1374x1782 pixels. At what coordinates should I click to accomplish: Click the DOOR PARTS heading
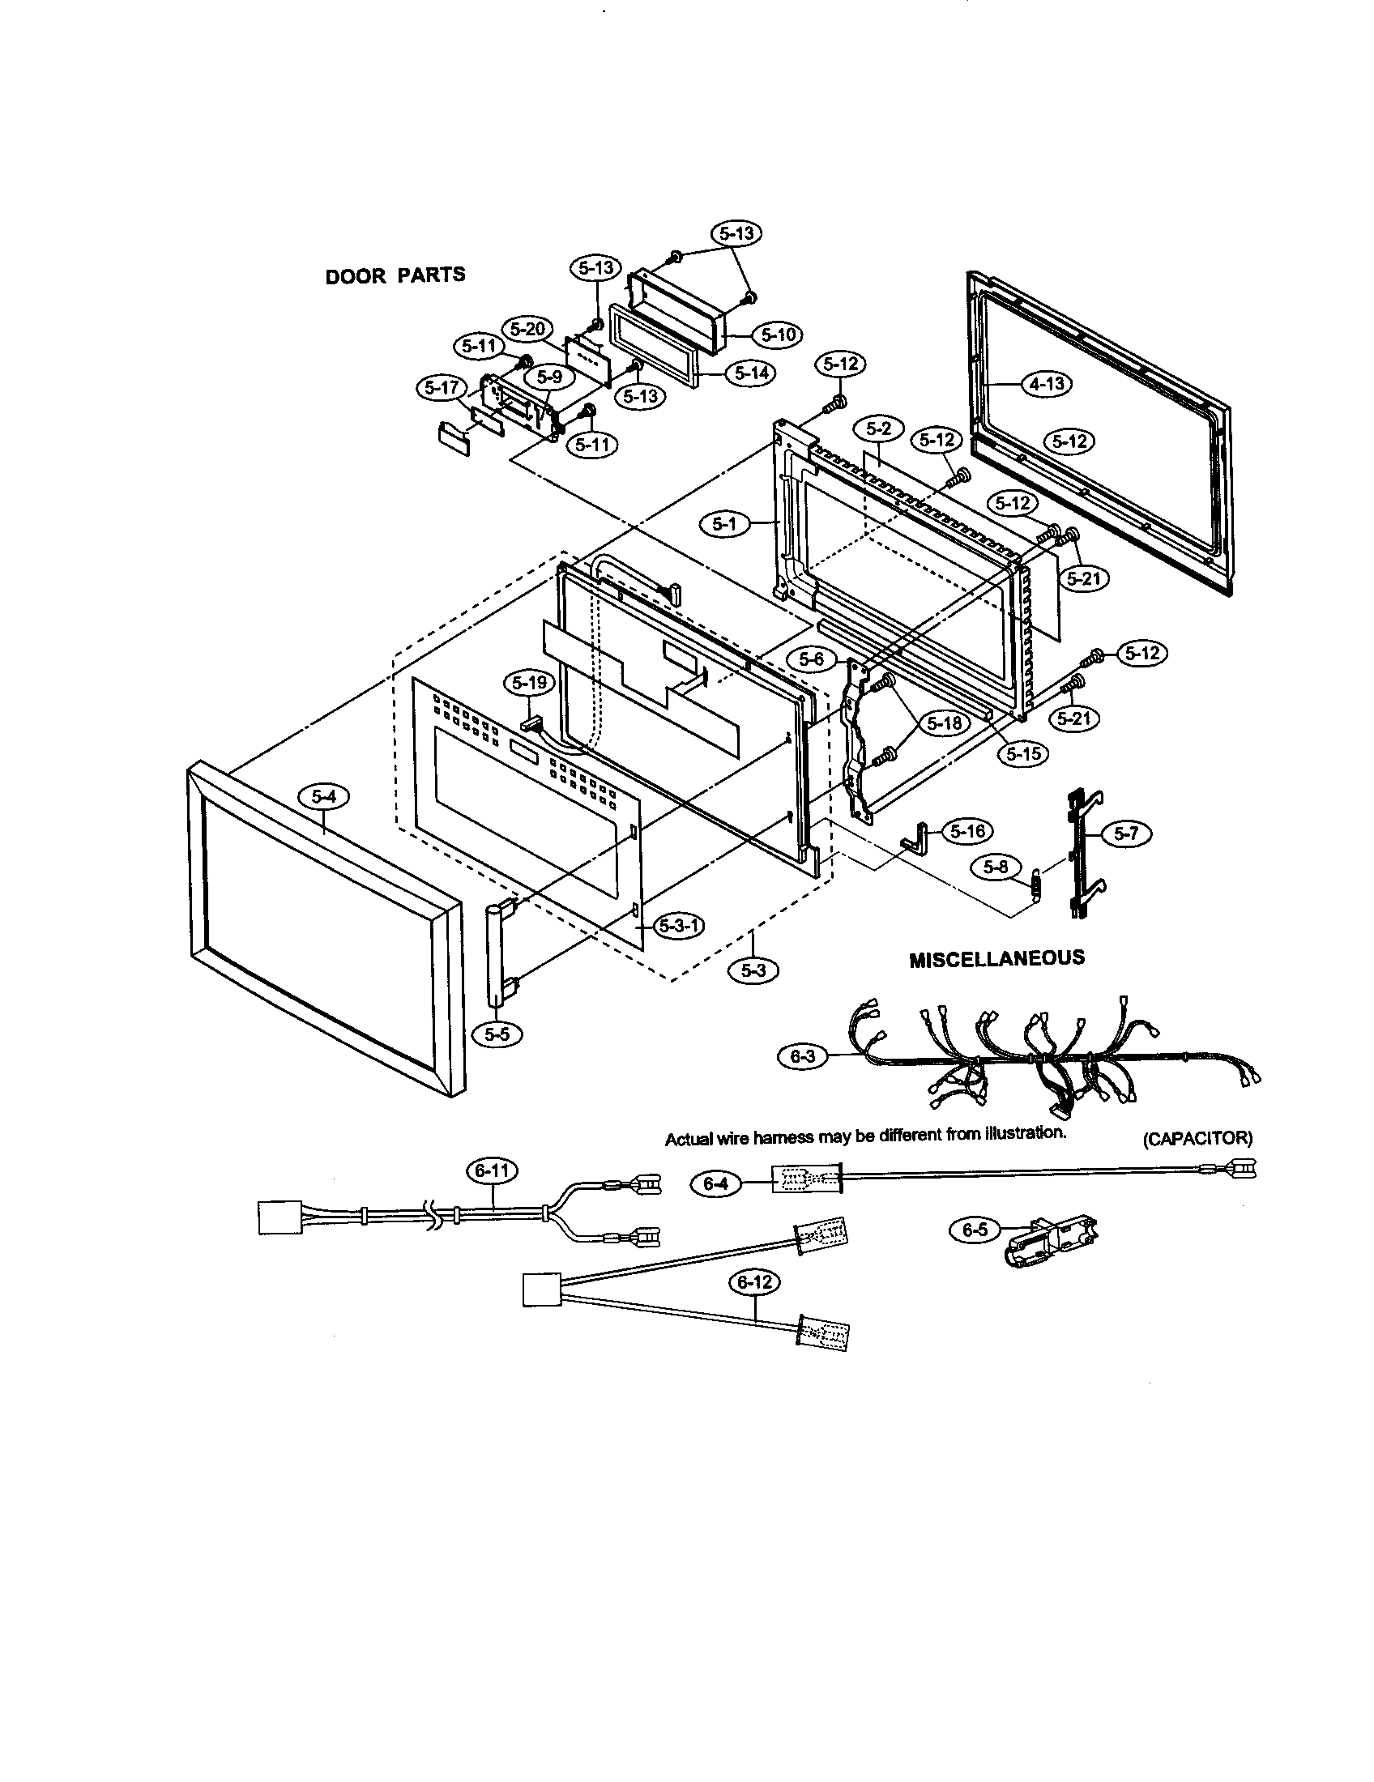[395, 275]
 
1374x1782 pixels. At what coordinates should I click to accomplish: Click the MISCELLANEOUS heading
[996, 957]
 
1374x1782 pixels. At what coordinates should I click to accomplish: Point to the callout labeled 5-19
[530, 682]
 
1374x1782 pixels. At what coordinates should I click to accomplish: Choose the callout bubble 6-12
[754, 1282]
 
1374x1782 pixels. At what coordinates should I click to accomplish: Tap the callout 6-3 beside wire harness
[803, 1056]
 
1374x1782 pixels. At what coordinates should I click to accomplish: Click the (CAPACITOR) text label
[1197, 1138]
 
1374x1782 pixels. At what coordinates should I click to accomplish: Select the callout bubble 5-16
[967, 831]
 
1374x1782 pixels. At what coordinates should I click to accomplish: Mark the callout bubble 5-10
[778, 335]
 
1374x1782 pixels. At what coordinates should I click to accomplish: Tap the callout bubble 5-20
[527, 330]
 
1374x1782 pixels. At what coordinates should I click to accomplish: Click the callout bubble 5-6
[811, 659]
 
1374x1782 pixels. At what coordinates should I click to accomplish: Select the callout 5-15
[1023, 753]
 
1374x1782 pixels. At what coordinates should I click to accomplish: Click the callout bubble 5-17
[442, 387]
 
